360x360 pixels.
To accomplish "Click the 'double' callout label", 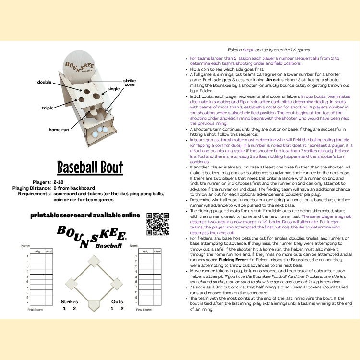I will tap(44, 82).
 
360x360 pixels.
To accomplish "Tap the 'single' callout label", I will tap(114, 89).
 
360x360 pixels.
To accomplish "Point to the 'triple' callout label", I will tap(48, 108).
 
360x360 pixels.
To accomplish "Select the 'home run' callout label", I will tap(59, 130).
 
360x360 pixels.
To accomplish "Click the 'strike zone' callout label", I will tap(130, 83).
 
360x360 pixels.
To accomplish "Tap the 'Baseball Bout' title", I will tap(90, 168).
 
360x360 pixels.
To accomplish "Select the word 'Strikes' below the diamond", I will tap(70, 301).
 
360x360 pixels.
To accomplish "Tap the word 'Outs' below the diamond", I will tap(117, 301).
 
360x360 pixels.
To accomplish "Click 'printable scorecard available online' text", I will tap(85, 215).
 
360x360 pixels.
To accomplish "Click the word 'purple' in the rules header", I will tap(249, 49).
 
